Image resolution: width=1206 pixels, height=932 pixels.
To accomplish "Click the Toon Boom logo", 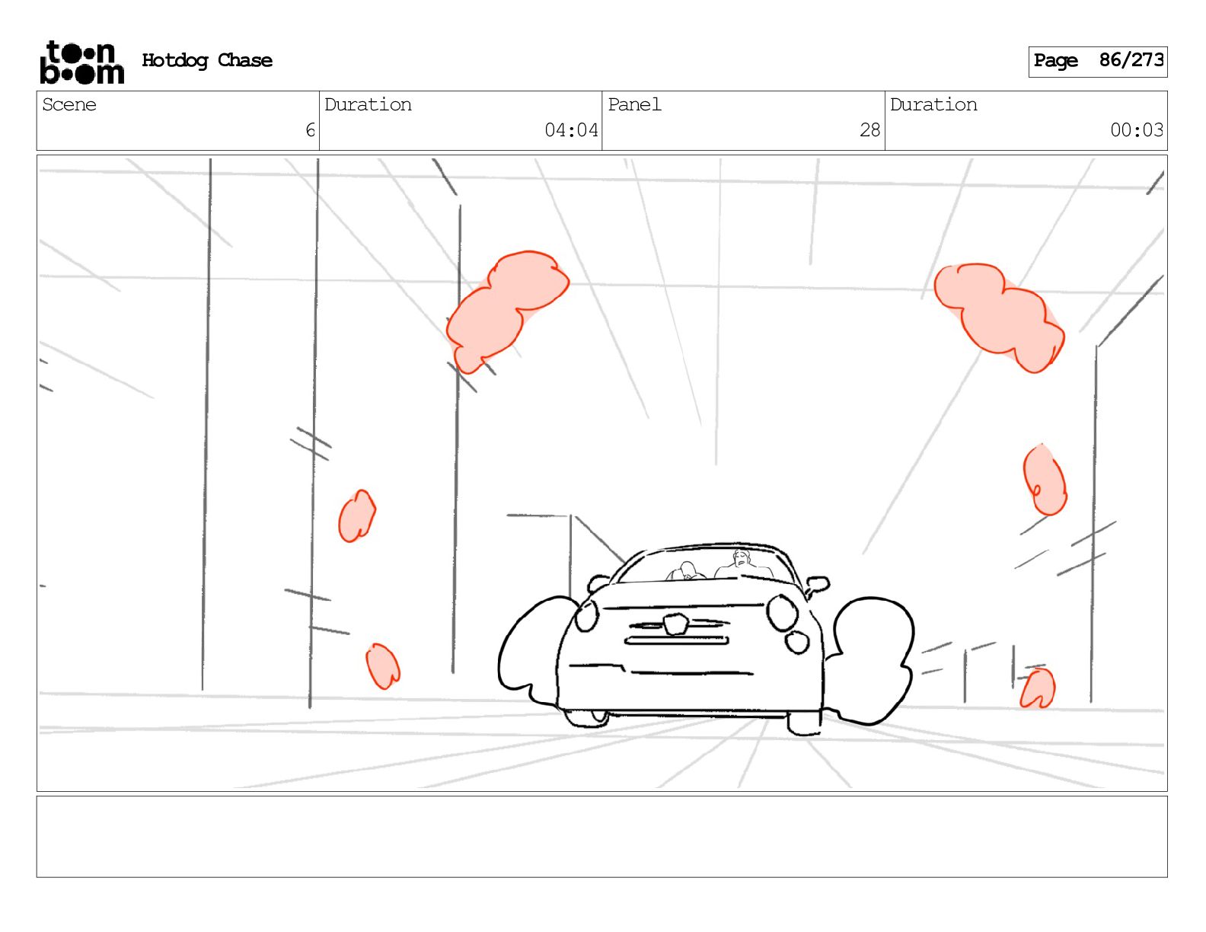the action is click(81, 62).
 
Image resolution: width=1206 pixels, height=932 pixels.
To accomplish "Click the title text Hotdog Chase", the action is click(207, 60).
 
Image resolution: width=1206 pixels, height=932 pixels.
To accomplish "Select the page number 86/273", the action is click(1131, 60).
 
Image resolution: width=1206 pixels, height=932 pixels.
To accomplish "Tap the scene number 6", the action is click(310, 130).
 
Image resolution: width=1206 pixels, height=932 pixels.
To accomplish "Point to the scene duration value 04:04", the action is click(571, 130).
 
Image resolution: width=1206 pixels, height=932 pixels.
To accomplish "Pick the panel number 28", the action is click(869, 130).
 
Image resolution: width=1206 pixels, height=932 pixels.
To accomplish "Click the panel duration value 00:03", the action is click(1136, 130).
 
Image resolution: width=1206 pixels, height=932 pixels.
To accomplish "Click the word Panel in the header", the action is click(634, 104).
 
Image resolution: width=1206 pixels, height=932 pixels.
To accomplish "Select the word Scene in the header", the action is click(69, 104).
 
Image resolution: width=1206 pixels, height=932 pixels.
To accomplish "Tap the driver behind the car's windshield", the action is click(742, 564).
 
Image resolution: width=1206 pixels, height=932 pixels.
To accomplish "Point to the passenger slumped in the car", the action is click(686, 571).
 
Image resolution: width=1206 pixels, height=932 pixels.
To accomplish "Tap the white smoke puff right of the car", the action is click(872, 657).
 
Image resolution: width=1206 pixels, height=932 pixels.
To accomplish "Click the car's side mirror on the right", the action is click(817, 584).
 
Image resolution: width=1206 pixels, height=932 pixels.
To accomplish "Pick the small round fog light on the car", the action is click(796, 642).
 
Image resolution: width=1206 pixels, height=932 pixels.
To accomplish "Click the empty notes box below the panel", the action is click(601, 836).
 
